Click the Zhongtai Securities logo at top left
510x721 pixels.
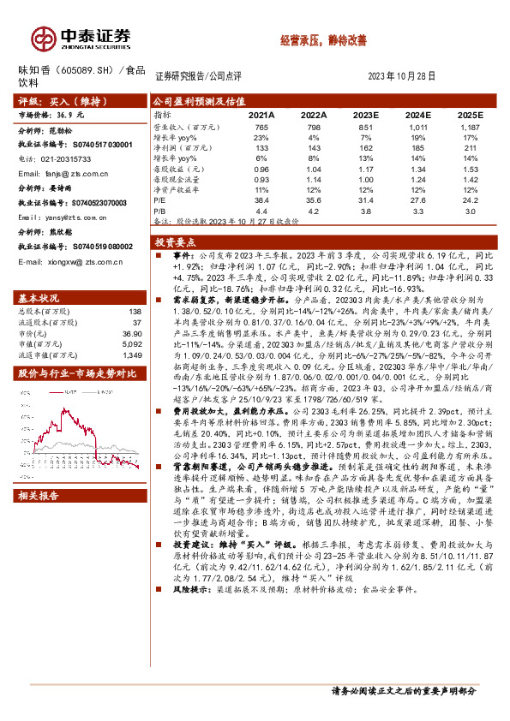pyautogui.click(x=81, y=37)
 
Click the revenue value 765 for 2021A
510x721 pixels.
pyautogui.click(x=261, y=126)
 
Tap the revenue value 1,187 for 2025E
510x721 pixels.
pyautogui.click(x=468, y=126)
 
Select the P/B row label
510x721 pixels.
pyautogui.click(x=160, y=209)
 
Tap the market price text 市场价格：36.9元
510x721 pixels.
pyautogui.click(x=52, y=114)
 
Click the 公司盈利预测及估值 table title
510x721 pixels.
pyautogui.click(x=196, y=100)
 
